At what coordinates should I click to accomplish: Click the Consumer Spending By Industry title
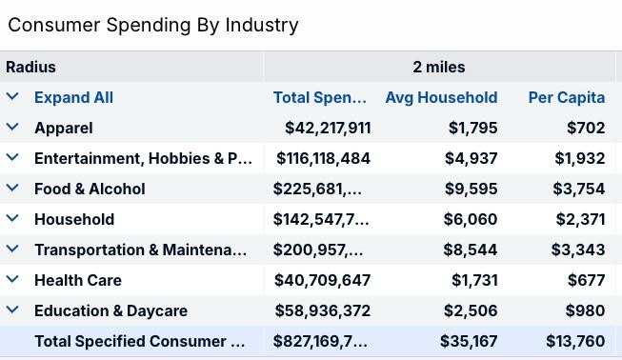(x=153, y=25)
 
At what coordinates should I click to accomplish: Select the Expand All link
(x=73, y=97)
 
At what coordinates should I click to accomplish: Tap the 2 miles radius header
(x=439, y=67)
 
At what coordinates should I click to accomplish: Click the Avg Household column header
(x=442, y=97)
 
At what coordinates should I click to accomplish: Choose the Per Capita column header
(x=567, y=97)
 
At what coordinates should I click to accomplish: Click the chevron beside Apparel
(x=12, y=127)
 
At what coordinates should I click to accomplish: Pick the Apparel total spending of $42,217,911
(x=328, y=128)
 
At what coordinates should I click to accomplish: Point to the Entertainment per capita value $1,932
(x=580, y=159)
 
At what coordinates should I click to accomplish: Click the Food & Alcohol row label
(x=90, y=190)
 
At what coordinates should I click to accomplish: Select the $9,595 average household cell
(x=471, y=190)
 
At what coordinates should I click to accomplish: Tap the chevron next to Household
(x=12, y=218)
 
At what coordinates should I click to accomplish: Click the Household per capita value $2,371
(x=580, y=219)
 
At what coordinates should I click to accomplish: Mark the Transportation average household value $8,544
(x=470, y=250)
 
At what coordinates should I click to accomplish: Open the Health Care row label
(x=78, y=280)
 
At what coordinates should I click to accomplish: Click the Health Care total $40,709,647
(x=322, y=280)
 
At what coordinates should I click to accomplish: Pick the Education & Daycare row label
(x=110, y=310)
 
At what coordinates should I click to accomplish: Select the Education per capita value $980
(x=586, y=310)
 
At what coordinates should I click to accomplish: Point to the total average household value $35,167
(x=469, y=341)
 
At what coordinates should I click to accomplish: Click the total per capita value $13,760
(x=575, y=341)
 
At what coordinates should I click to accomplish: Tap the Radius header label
(x=30, y=67)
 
